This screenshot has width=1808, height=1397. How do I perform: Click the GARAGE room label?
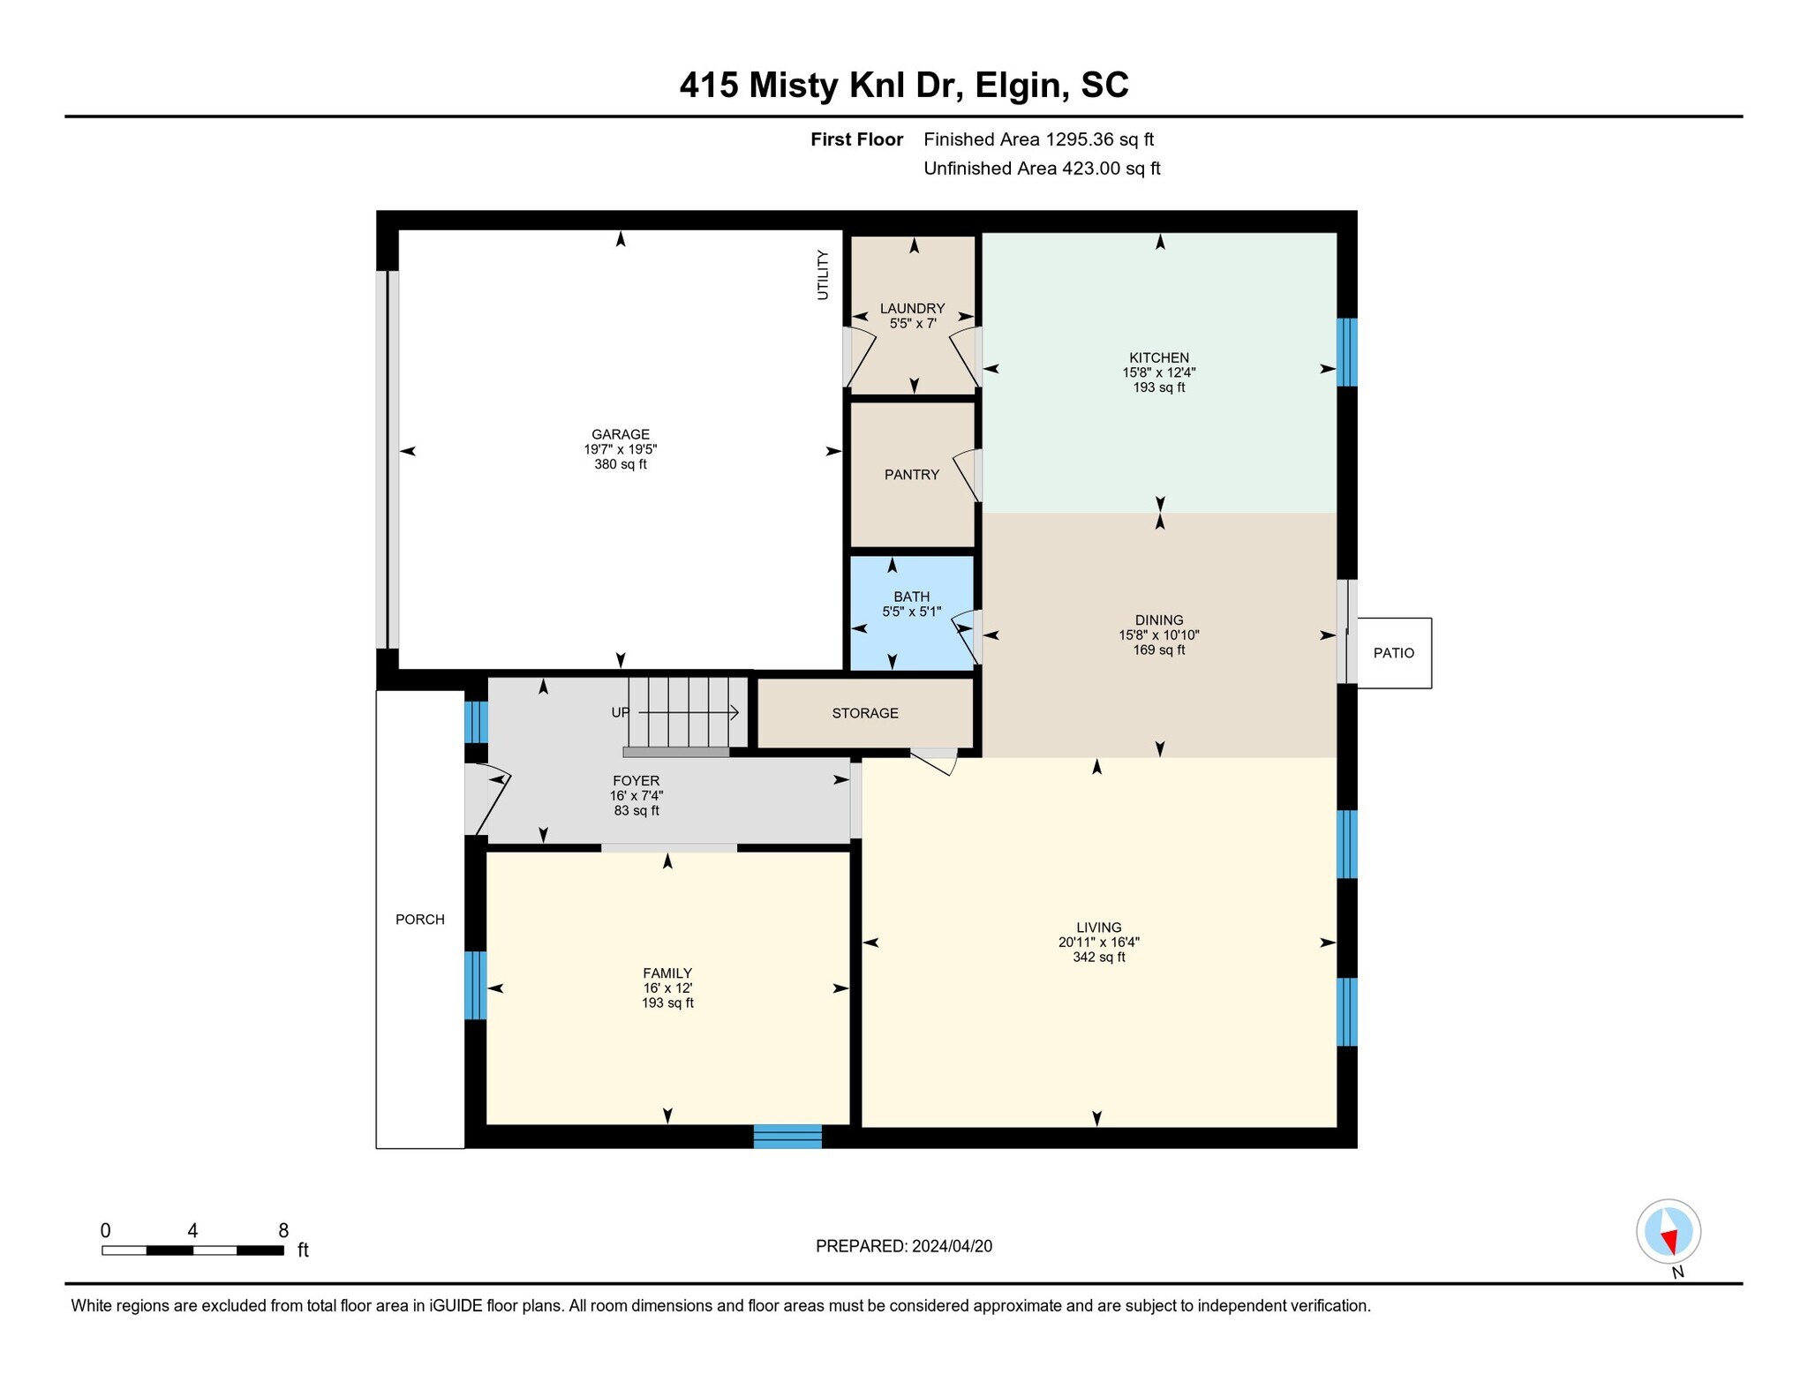[620, 434]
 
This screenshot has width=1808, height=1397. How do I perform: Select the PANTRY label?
[911, 475]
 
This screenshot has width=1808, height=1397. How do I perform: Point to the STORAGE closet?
[864, 713]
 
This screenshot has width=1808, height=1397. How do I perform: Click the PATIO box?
[1393, 653]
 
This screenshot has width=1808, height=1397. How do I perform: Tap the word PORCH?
[419, 920]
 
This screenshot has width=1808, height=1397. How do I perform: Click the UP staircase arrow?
[689, 712]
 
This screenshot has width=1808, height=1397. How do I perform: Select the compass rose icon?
[1668, 1231]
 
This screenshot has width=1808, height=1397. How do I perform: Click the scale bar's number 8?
[283, 1231]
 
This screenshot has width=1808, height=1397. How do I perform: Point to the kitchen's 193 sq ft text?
[1158, 387]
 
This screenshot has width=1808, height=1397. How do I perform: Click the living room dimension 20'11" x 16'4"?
[1098, 943]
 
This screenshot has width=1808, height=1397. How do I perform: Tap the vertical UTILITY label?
[823, 275]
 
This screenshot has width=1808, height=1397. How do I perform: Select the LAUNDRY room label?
[912, 309]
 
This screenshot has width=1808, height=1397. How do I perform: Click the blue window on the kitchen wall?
[1345, 352]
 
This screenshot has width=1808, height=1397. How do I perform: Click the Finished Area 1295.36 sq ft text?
[1038, 139]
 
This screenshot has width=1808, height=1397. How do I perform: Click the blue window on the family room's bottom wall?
[787, 1137]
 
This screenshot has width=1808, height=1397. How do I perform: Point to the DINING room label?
[1158, 620]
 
